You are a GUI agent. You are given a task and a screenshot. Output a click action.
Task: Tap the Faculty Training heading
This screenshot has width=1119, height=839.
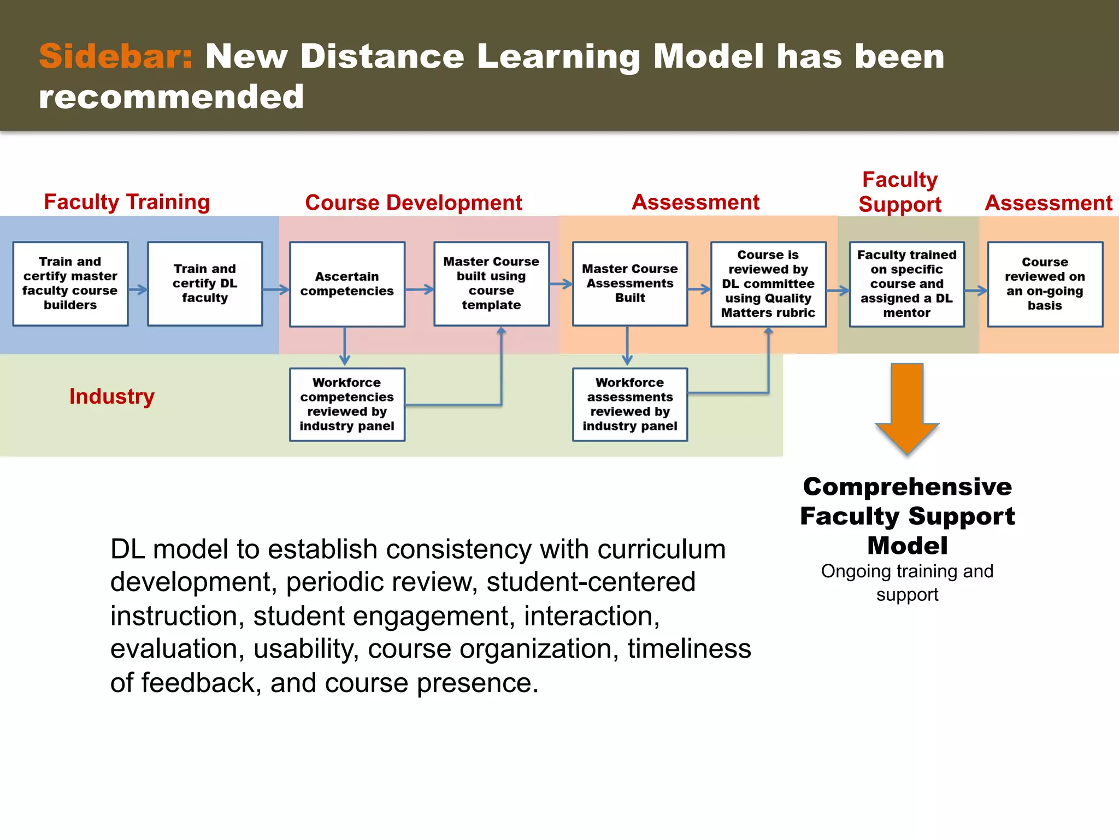click(x=127, y=202)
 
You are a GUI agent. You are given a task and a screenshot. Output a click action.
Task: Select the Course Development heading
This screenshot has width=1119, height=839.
click(x=414, y=203)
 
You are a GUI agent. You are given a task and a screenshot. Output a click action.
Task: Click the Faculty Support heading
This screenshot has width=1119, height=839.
click(x=900, y=192)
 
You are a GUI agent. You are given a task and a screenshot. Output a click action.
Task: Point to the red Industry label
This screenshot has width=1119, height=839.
click(x=112, y=396)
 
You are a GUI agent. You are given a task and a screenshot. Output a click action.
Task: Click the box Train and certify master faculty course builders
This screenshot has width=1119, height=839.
click(x=70, y=283)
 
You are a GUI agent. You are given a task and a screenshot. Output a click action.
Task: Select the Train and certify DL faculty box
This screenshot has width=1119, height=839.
click(x=205, y=283)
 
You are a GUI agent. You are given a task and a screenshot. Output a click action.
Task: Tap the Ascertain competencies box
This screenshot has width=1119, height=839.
click(x=347, y=284)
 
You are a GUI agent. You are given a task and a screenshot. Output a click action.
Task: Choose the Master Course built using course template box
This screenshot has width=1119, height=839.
click(x=491, y=283)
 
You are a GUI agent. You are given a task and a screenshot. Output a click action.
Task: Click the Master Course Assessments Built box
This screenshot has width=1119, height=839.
click(x=630, y=283)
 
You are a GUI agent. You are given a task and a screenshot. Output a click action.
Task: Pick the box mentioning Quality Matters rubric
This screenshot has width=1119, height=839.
click(x=768, y=284)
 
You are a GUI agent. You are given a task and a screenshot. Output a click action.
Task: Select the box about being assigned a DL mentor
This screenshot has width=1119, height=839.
click(x=906, y=284)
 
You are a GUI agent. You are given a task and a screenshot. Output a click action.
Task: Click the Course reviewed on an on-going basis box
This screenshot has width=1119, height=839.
click(x=1045, y=284)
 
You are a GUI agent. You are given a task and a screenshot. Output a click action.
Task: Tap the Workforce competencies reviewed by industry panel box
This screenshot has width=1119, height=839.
click(x=347, y=404)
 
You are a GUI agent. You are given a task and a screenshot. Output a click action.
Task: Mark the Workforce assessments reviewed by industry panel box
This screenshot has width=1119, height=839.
click(x=630, y=404)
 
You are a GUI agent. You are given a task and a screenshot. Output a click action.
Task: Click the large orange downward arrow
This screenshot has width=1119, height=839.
click(x=907, y=407)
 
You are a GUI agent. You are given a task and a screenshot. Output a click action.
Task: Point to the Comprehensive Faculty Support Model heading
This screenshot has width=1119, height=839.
click(x=907, y=516)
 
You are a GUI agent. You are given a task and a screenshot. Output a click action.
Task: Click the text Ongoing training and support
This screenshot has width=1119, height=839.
click(x=907, y=582)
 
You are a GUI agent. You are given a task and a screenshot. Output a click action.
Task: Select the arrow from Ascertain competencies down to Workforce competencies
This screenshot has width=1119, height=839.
click(x=345, y=346)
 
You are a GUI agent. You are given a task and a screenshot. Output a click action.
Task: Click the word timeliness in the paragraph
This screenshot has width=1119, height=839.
click(x=689, y=649)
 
